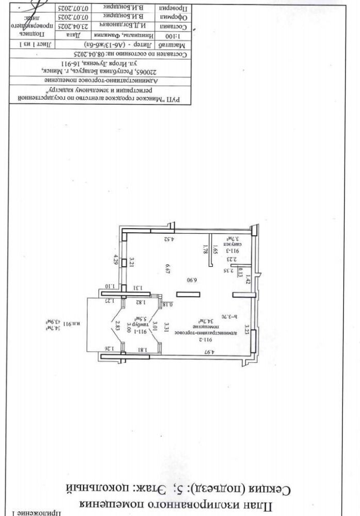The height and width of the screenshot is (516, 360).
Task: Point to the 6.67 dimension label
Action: [167, 268]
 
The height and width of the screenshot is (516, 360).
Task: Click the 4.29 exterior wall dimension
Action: [117, 259]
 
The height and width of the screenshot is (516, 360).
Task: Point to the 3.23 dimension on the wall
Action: [247, 328]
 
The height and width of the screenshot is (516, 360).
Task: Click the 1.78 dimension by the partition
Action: [205, 250]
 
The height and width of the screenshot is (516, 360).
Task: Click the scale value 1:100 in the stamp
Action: [172, 37]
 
